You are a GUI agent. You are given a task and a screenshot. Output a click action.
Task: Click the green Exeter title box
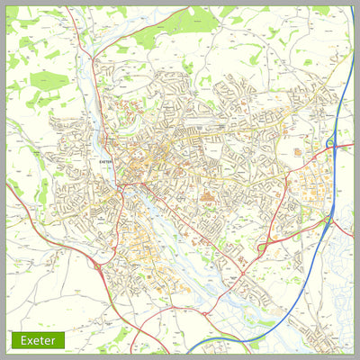39,340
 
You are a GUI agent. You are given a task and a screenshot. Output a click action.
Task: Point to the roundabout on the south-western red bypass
96,265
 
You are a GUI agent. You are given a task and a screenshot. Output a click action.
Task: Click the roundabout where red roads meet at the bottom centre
205,313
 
